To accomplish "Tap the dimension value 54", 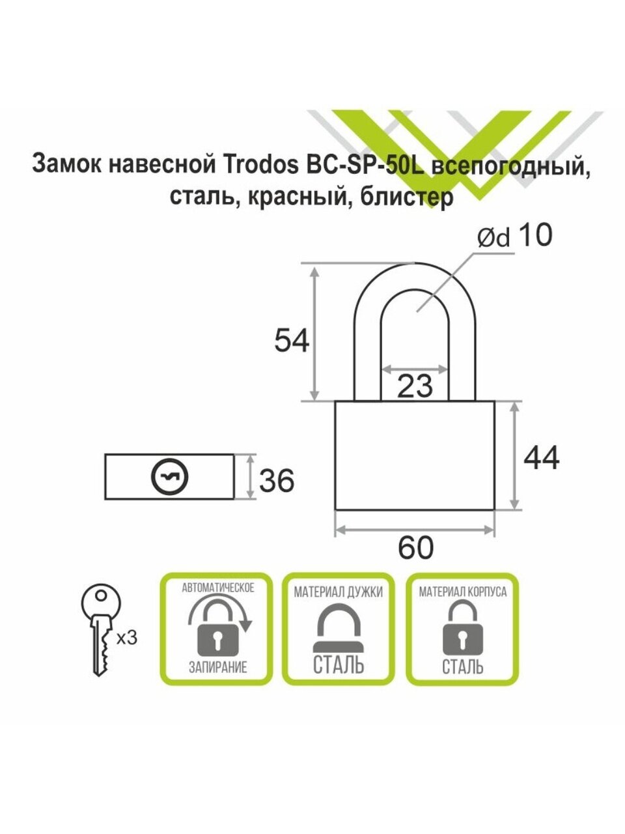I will point(291,341).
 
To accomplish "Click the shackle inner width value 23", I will point(415,386).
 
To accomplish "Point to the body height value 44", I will point(541,459).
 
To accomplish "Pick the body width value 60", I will point(415,549).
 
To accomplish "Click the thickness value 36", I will point(277,482).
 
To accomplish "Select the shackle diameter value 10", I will point(534,235).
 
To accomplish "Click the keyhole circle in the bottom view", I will point(169,478).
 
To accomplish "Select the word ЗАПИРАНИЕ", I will point(217,668).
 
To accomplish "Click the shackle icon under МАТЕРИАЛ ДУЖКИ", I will point(338,628).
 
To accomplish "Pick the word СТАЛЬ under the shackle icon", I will point(338,666).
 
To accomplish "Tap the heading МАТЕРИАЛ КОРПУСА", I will point(462,592).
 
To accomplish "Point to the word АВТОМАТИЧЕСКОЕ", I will point(217,588).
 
